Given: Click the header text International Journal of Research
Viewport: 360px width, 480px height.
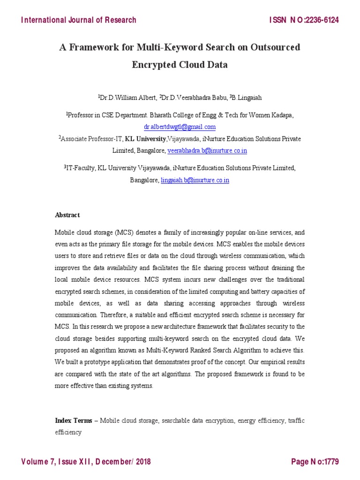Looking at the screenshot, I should coord(79,20).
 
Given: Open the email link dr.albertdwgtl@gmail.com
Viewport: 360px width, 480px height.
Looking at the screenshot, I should coord(180,127).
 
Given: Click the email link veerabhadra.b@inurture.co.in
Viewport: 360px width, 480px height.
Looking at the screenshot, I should coord(207,150).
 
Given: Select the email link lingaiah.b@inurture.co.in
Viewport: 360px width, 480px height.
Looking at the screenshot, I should coord(195,180).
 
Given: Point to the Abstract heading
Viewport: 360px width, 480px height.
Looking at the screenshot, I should coord(67,215).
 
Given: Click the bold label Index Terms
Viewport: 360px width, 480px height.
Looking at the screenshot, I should coord(74,420).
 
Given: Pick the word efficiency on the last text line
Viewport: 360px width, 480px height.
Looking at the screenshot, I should coord(68,432).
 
